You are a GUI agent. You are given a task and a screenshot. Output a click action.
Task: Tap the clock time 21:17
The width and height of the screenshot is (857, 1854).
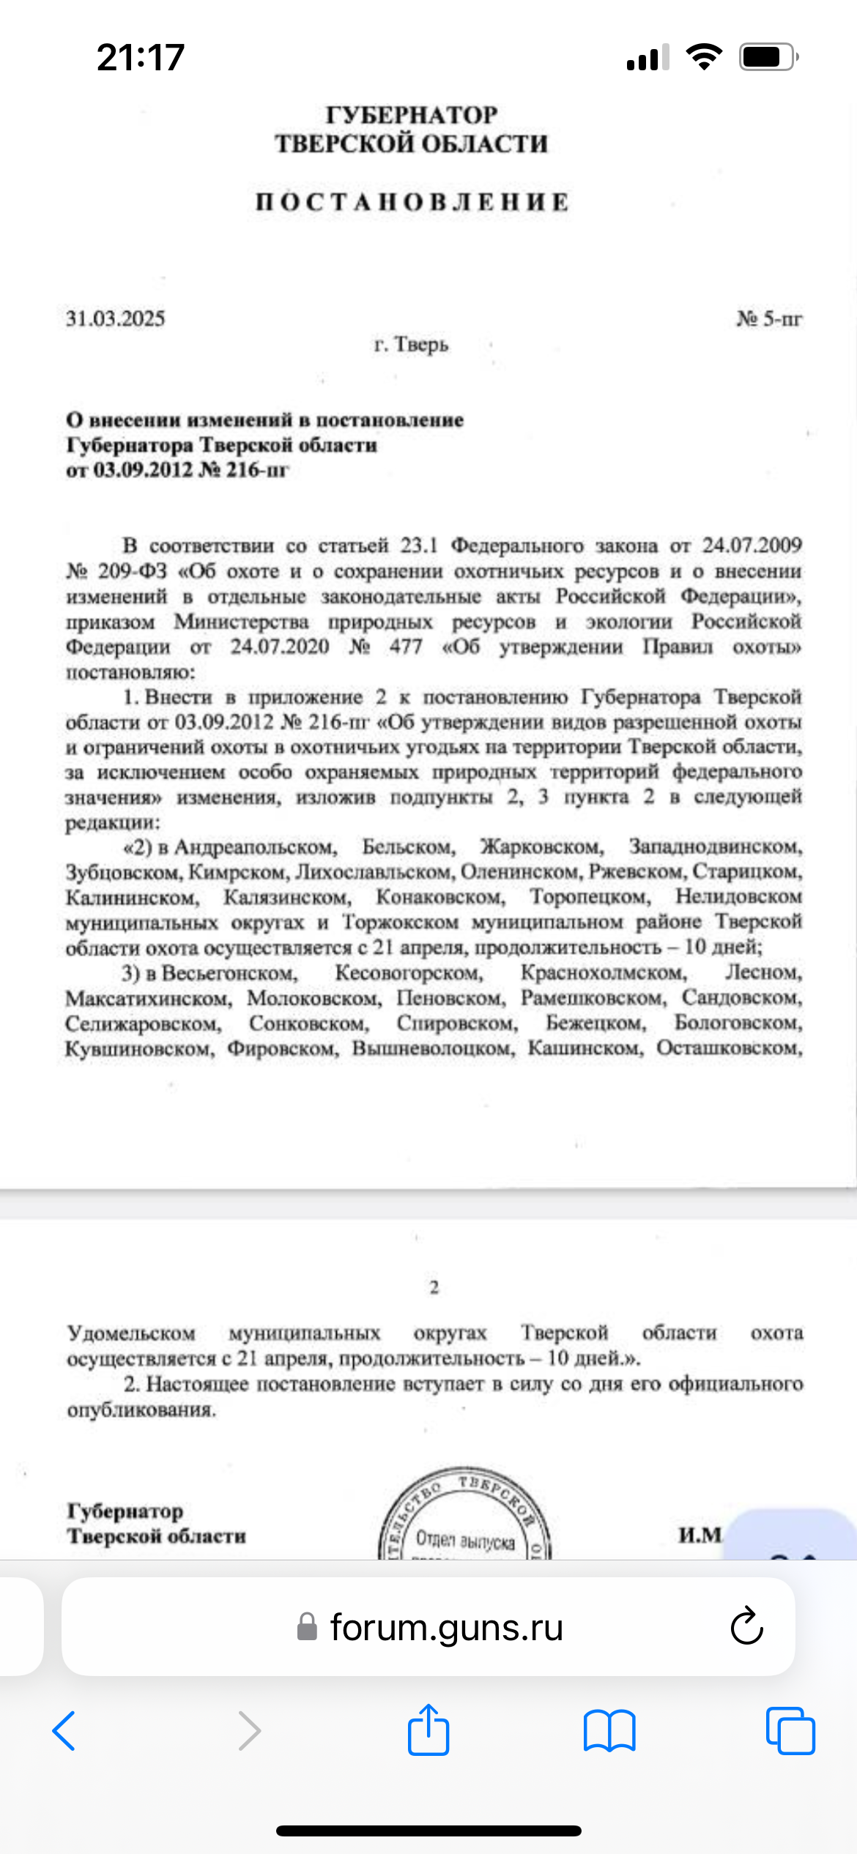pos(140,57)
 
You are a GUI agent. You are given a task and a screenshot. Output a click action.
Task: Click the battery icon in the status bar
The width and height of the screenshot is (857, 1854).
pos(767,57)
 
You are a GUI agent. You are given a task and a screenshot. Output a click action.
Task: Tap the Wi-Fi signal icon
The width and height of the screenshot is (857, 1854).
pos(704,56)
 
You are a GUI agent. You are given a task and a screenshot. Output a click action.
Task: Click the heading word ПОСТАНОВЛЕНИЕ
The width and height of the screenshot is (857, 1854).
pos(412,202)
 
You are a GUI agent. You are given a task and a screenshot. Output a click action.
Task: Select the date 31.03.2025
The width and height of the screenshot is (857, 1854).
pos(116,319)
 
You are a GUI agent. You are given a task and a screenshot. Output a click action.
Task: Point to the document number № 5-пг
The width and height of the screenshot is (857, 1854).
pos(769,319)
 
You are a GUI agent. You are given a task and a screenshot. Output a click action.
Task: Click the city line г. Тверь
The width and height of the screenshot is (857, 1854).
pos(411,343)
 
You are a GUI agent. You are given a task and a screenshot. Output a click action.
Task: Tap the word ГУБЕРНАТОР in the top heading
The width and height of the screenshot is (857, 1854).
pos(412,115)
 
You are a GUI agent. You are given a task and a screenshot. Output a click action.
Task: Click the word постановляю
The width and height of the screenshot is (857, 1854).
pos(130,671)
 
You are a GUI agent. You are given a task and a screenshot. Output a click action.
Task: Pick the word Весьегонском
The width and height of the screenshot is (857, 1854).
pos(229,973)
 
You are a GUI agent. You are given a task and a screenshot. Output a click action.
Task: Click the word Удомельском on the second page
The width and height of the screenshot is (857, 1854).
pos(132,1333)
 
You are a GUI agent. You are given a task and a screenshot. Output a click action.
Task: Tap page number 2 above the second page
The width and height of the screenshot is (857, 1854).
pos(434,1287)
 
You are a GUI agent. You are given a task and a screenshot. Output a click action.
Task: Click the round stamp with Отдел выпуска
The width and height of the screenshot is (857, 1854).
pos(464,1516)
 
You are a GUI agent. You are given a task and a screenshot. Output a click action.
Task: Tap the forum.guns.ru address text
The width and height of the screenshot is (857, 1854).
pos(446,1627)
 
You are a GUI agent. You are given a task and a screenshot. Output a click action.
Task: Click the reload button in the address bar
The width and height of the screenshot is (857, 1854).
pos(746,1627)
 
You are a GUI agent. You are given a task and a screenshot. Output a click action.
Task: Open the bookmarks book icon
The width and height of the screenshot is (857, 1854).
pos(609,1731)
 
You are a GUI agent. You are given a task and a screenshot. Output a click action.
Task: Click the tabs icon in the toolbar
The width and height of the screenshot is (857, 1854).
pos(790,1731)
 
